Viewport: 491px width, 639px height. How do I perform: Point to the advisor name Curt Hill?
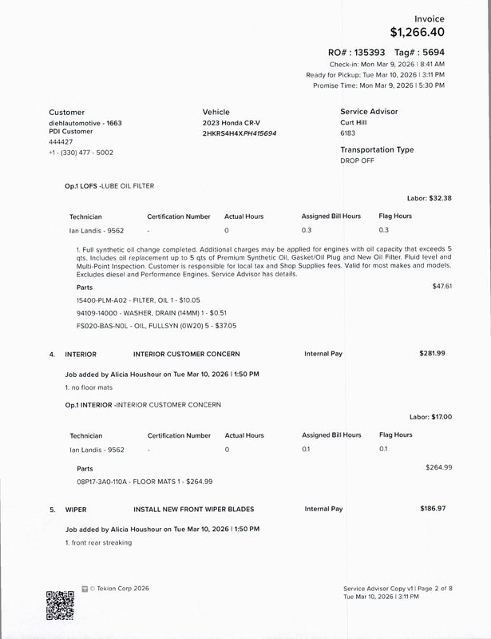(358, 124)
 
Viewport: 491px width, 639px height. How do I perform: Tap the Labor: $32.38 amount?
(430, 198)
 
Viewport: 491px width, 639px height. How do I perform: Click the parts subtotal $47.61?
(442, 285)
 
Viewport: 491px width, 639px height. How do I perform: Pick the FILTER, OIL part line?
(132, 300)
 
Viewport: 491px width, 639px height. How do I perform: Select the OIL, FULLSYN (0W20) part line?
(145, 326)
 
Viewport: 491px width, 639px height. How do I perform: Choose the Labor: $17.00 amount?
(431, 417)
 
